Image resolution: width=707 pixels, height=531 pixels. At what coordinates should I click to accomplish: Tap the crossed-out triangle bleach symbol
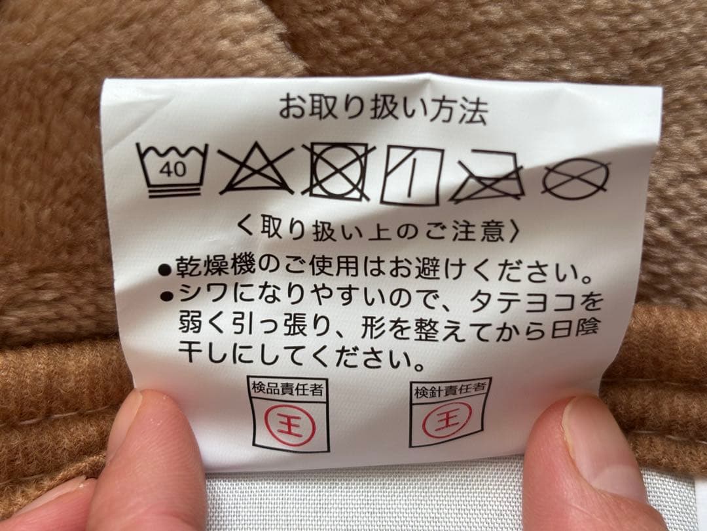[256, 169]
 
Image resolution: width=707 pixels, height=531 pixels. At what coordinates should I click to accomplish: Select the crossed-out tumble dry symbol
[338, 172]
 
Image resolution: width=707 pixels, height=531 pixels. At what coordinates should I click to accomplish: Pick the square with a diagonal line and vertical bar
[411, 175]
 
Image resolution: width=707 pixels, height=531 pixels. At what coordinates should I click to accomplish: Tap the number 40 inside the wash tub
[172, 170]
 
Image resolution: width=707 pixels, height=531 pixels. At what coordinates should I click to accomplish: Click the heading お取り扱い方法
[383, 109]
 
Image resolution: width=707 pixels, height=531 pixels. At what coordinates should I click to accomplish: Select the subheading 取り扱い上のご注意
[378, 230]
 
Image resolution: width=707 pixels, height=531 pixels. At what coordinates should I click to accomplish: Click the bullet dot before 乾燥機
[165, 270]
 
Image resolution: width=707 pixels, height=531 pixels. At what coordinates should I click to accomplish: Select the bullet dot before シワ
[167, 296]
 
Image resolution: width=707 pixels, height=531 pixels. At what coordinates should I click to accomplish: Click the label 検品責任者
[287, 389]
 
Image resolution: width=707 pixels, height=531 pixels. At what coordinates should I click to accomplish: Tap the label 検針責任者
[450, 389]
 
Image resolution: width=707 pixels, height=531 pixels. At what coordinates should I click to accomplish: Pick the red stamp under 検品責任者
[289, 425]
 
